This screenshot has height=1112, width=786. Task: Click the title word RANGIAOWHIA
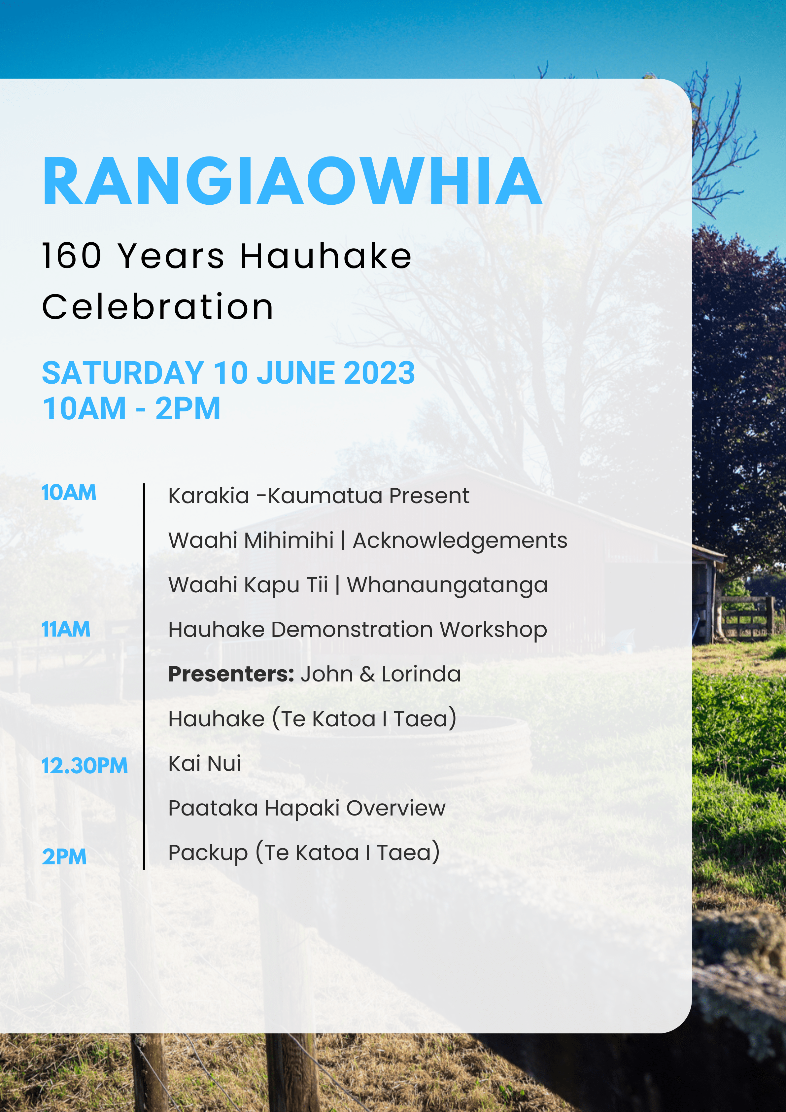(292, 181)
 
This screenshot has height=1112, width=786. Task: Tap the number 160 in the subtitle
(72, 256)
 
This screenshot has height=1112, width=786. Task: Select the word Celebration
(158, 307)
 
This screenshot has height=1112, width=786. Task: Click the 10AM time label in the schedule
(69, 493)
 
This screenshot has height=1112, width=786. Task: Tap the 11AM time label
(66, 629)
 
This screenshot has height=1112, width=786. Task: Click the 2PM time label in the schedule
(64, 857)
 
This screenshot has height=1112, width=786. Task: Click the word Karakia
(209, 496)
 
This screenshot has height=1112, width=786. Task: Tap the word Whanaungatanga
(448, 585)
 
